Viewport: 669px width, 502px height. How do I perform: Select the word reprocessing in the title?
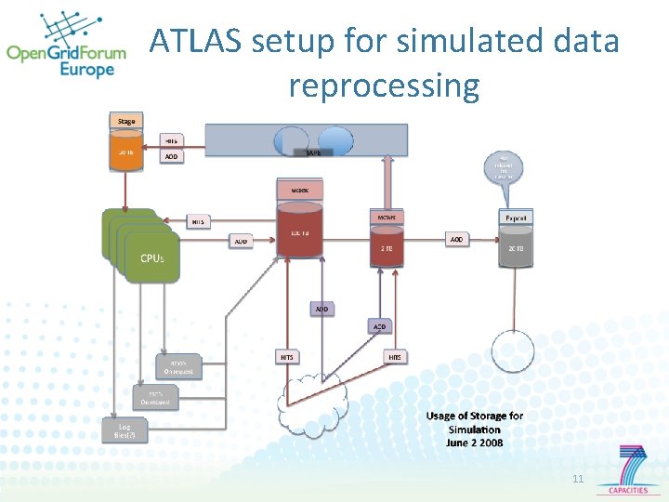[384, 86]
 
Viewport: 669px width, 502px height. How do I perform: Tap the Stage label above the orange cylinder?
[126, 121]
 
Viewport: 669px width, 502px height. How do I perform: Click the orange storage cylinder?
[126, 153]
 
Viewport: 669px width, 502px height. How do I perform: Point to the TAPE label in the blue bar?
[313, 152]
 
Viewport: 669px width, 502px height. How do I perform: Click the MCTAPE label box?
[387, 217]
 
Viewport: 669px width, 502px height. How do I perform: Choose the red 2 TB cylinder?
[387, 248]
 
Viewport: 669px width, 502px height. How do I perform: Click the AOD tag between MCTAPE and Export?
[456, 239]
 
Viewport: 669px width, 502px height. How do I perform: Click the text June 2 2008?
[474, 443]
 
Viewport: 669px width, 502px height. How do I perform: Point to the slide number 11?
[578, 479]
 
